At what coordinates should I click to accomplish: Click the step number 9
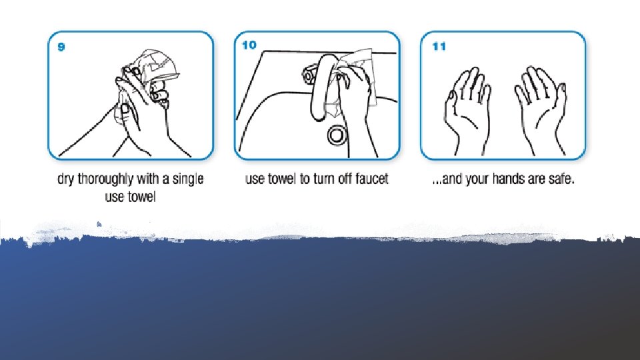(61, 47)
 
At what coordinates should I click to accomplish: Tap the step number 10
(249, 45)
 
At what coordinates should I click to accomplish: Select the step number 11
(439, 46)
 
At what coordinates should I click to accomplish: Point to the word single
(188, 179)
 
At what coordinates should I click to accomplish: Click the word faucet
(371, 179)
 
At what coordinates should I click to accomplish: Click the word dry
(66, 179)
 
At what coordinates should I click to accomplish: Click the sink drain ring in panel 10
(337, 135)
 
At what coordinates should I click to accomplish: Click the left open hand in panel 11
(467, 110)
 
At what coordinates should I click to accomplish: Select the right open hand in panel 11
(541, 110)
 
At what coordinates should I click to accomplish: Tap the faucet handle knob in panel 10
(309, 75)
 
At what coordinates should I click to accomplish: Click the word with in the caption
(148, 179)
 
